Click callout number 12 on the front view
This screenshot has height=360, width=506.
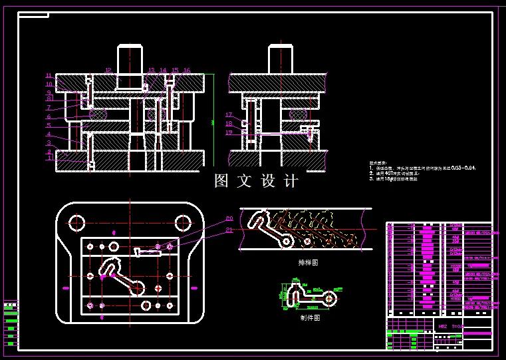point(108,70)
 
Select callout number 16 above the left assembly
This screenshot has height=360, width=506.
point(187,70)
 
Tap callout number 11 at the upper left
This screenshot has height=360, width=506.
point(49,75)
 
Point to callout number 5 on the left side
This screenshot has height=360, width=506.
point(49,125)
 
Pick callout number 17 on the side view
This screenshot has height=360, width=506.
point(228,114)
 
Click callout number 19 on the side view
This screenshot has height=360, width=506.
point(228,132)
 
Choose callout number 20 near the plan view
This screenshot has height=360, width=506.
point(229,218)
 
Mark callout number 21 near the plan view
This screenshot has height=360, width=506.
point(229,230)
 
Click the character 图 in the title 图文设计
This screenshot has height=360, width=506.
point(222,181)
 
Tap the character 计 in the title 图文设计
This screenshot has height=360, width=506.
point(291,181)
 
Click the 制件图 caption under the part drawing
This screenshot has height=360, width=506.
point(310,318)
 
